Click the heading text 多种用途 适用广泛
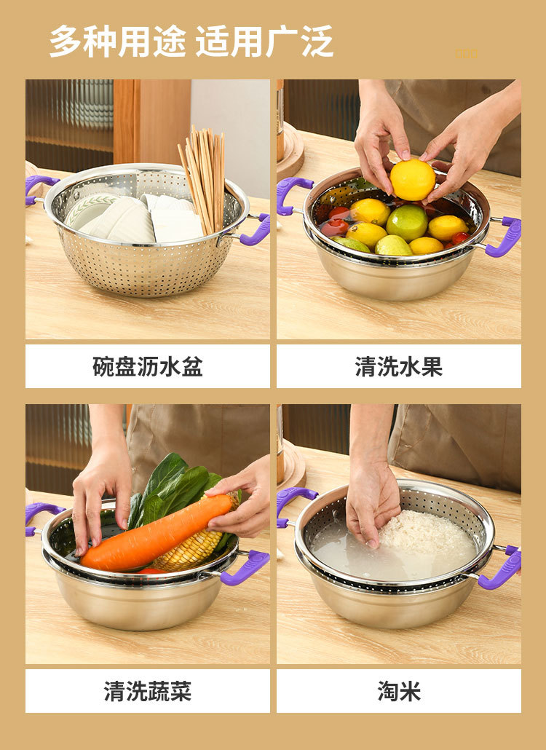pyautogui.click(x=191, y=42)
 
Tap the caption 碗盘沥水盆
pyautogui.click(x=147, y=366)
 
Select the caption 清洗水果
pyautogui.click(x=398, y=366)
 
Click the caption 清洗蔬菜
pyautogui.click(x=147, y=691)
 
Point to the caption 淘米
pyautogui.click(x=398, y=691)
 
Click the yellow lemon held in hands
pyautogui.click(x=412, y=180)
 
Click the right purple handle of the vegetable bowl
pyautogui.click(x=248, y=567)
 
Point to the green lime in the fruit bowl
pyautogui.click(x=406, y=221)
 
